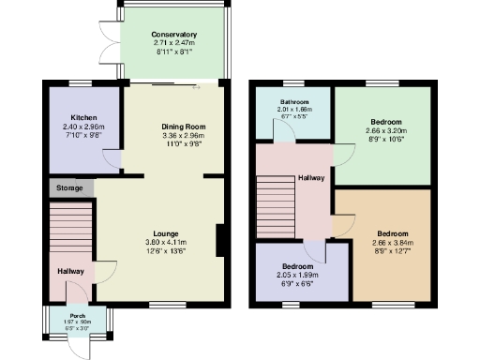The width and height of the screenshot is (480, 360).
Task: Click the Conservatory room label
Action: click(173, 35)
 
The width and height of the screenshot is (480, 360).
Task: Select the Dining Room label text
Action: click(183, 127)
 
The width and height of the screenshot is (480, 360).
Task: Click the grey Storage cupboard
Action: click(71, 188)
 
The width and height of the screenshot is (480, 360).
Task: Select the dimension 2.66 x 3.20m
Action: click(385, 131)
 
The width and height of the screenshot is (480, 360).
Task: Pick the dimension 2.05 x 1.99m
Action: click(299, 275)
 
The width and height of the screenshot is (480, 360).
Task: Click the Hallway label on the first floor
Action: click(312, 176)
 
